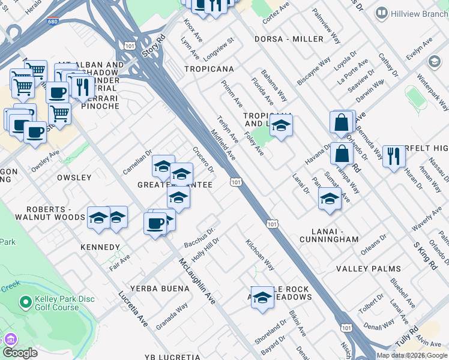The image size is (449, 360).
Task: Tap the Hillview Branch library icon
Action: [x=381, y=13]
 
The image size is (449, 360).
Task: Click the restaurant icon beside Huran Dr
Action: [x=394, y=155]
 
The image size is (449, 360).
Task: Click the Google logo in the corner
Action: [x=20, y=353]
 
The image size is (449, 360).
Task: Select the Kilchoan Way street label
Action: [x=260, y=255]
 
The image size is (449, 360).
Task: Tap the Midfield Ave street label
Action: [x=222, y=145]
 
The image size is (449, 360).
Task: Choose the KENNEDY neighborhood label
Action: [x=100, y=247]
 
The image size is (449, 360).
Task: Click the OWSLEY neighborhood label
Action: [x=74, y=178]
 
